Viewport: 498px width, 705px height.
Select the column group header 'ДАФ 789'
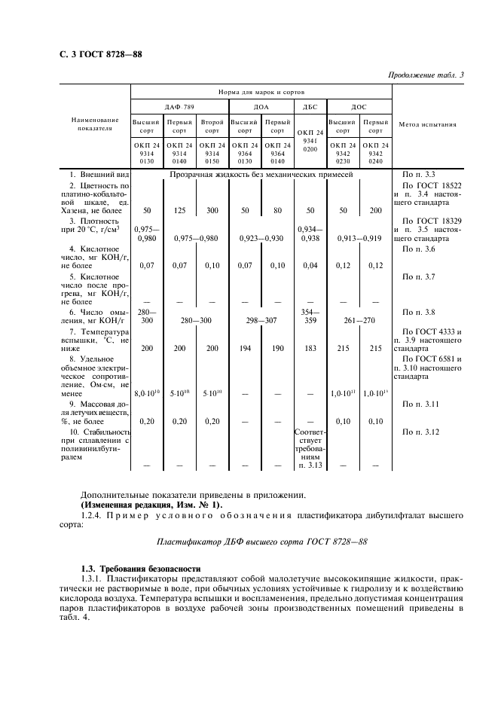179,107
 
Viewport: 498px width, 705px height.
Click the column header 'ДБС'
310,107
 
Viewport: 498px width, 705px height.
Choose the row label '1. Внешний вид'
93,174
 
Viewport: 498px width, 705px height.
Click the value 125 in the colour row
179,212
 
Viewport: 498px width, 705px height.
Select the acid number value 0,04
309,265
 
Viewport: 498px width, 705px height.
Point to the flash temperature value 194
243,349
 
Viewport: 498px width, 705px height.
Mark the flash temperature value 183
309,349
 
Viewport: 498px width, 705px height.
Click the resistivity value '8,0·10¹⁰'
145,392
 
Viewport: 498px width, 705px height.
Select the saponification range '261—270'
359,320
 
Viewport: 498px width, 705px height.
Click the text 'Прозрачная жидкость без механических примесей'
261,174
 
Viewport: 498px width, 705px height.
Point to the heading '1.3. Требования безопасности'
141,568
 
